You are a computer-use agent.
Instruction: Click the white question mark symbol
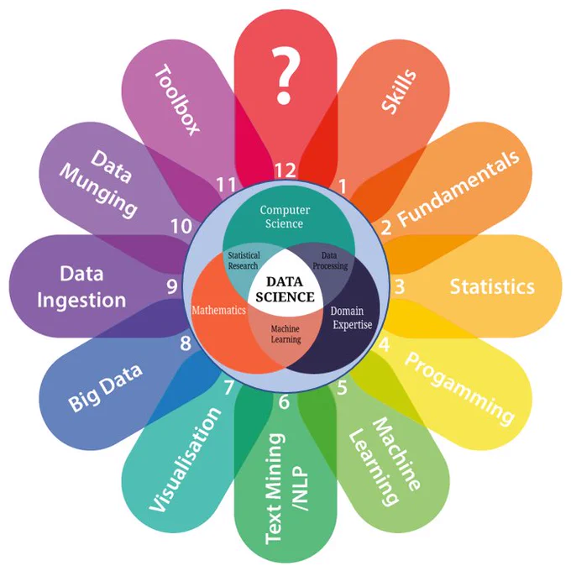[285, 75]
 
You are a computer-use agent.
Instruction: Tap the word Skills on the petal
[398, 92]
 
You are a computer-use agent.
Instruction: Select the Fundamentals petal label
[458, 188]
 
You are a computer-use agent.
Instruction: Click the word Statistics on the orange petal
[492, 286]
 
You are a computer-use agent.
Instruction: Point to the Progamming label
[459, 389]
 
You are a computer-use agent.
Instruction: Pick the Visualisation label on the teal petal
[186, 460]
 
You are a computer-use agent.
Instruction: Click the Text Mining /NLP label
[286, 489]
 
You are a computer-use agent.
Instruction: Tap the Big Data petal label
[105, 387]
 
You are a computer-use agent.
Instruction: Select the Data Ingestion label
[81, 287]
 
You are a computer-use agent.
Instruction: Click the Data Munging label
[99, 184]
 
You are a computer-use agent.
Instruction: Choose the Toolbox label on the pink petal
[177, 99]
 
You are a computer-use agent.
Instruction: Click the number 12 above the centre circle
[285, 170]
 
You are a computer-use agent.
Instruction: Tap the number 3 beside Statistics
[400, 286]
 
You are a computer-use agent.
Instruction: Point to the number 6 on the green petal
[284, 401]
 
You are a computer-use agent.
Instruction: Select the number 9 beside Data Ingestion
[172, 286]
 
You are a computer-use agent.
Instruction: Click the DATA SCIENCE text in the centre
[285, 290]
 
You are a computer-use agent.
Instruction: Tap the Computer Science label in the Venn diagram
[285, 217]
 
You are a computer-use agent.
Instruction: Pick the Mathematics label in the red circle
[219, 310]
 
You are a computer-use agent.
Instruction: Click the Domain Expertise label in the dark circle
[351, 317]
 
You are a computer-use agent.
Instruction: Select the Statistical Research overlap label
[244, 260]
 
